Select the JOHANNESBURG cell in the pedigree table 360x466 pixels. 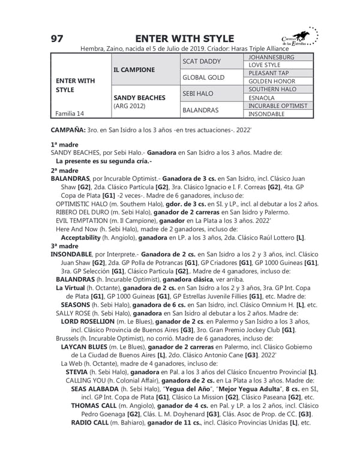pyautogui.click(x=271, y=57)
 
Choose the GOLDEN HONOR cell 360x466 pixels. pyautogui.click(x=271, y=81)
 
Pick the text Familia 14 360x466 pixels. pyautogui.click(x=69, y=113)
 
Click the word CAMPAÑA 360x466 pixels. pyautogui.click(x=67, y=130)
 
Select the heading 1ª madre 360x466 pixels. pyautogui.click(x=64, y=145)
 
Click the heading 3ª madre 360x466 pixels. pyautogui.click(x=64, y=246)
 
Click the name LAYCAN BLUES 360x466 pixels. pyautogui.click(x=88, y=347)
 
